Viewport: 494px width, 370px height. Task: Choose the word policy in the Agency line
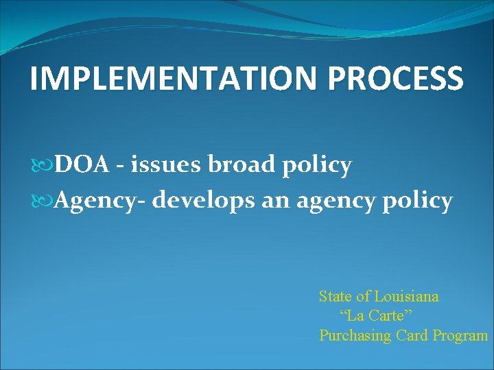pos(419,202)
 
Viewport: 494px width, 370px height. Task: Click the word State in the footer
pos(334,297)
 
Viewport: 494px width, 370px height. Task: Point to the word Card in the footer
pos(410,336)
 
